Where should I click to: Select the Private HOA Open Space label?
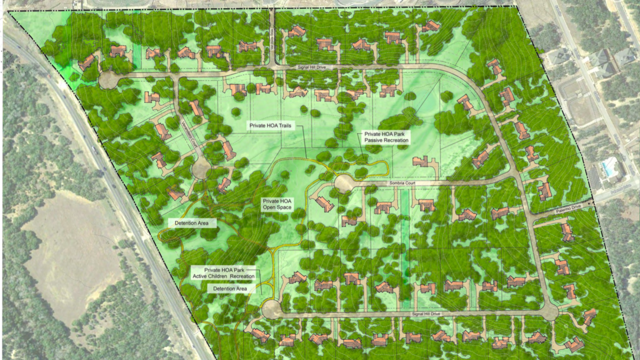[276, 204]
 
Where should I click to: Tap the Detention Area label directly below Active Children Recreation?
[230, 289]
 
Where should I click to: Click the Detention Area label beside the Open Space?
[191, 222]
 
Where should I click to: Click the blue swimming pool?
[608, 169]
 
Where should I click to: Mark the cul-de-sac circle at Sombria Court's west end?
[344, 184]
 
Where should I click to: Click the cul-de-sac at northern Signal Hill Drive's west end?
[109, 81]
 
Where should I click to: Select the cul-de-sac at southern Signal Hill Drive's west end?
[271, 309]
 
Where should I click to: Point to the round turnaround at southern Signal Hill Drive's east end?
[549, 311]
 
